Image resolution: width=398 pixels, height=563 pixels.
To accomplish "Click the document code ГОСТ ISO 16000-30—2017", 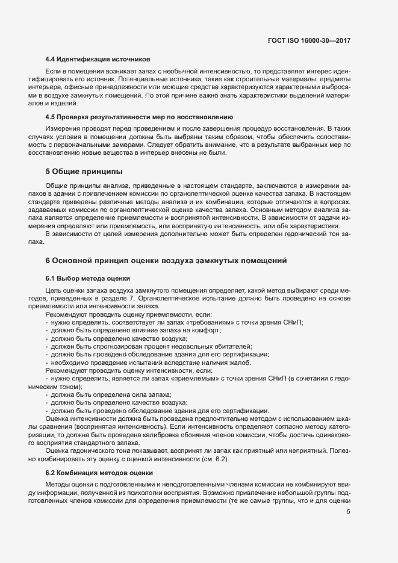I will [x=309, y=40].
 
